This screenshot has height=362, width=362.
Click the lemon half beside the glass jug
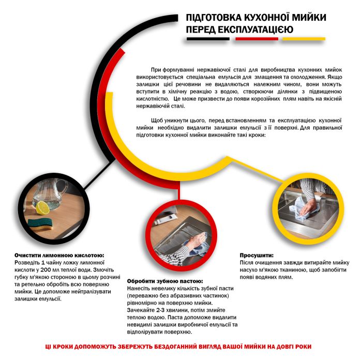[x=42, y=208]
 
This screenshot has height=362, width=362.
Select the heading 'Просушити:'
[x=257, y=255]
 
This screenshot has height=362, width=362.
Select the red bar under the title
[x=257, y=39]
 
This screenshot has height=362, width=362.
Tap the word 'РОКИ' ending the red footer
[x=304, y=346]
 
